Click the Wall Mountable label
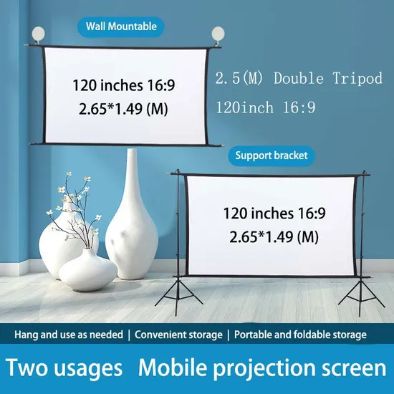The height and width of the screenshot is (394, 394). coord(121,27)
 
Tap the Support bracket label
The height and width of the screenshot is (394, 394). coord(271,155)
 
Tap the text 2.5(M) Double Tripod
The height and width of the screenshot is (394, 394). coord(299,79)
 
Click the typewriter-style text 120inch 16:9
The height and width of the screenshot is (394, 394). coord(265,107)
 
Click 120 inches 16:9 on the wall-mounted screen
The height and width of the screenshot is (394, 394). coord(124,85)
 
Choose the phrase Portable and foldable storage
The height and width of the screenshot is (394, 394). coord(301,335)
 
